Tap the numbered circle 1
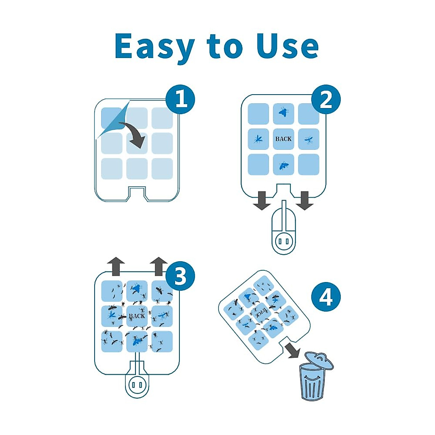180,99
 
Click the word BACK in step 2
283,139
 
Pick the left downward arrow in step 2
262,201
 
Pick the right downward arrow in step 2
304,201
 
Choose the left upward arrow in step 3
116,266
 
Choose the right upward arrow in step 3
159,266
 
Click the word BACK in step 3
137,316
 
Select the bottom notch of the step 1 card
137,192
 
